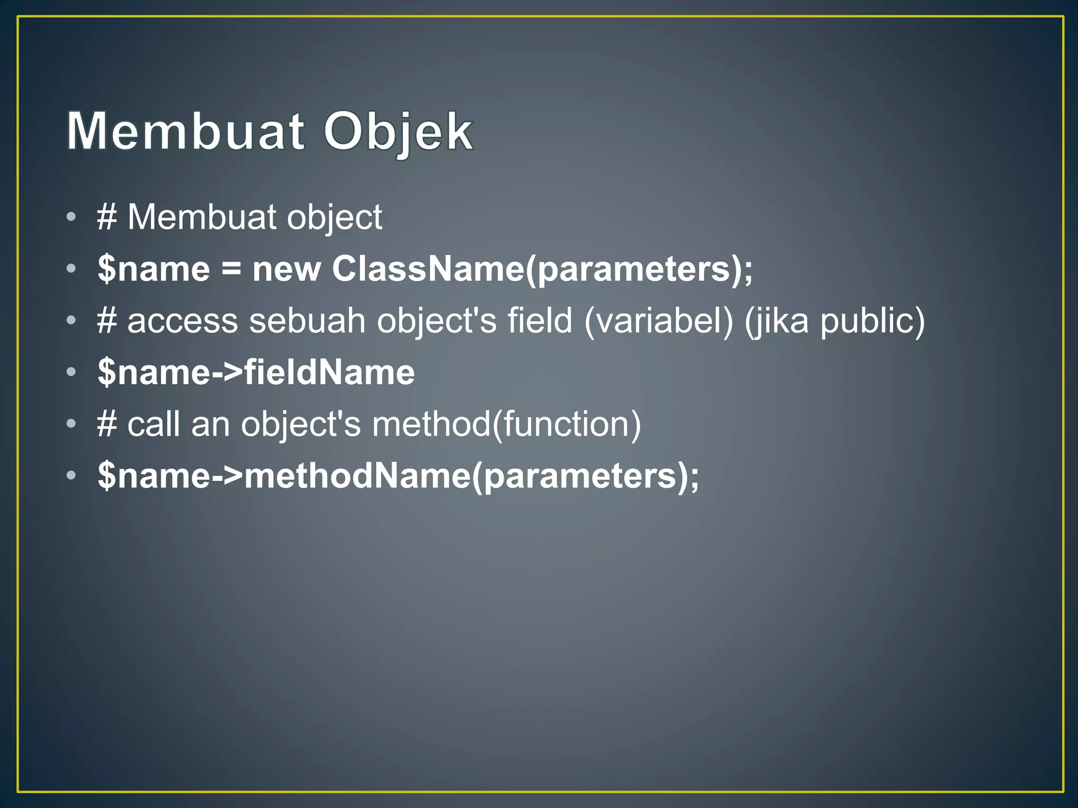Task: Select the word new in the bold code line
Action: pos(286,269)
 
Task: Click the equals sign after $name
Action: pos(231,269)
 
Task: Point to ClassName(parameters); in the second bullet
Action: pos(542,269)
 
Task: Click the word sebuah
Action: pos(307,320)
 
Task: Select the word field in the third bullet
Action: pos(540,320)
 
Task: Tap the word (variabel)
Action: pos(658,320)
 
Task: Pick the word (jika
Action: pos(776,320)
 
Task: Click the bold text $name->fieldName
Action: pos(256,372)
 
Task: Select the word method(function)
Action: pos(506,424)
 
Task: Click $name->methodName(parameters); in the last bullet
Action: pos(398,476)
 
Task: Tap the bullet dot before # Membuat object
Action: pos(72,217)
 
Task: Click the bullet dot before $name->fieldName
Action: pos(72,372)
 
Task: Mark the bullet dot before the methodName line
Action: pos(72,476)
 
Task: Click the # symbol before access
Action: pos(107,320)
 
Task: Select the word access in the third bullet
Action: pos(183,320)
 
